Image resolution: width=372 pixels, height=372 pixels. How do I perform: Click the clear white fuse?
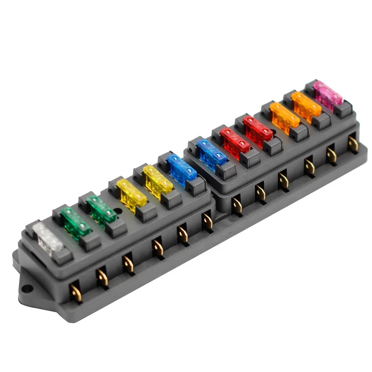click(x=47, y=237)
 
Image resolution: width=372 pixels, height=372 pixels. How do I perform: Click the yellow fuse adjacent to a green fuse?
click(x=131, y=194)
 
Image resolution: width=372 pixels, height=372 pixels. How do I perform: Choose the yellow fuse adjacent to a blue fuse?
click(x=158, y=179)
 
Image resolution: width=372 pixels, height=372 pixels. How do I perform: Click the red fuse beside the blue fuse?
click(x=235, y=140)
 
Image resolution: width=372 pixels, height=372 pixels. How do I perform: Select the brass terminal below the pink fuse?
click(x=353, y=143)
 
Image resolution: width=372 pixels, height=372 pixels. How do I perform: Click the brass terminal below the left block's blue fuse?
click(x=207, y=221)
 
